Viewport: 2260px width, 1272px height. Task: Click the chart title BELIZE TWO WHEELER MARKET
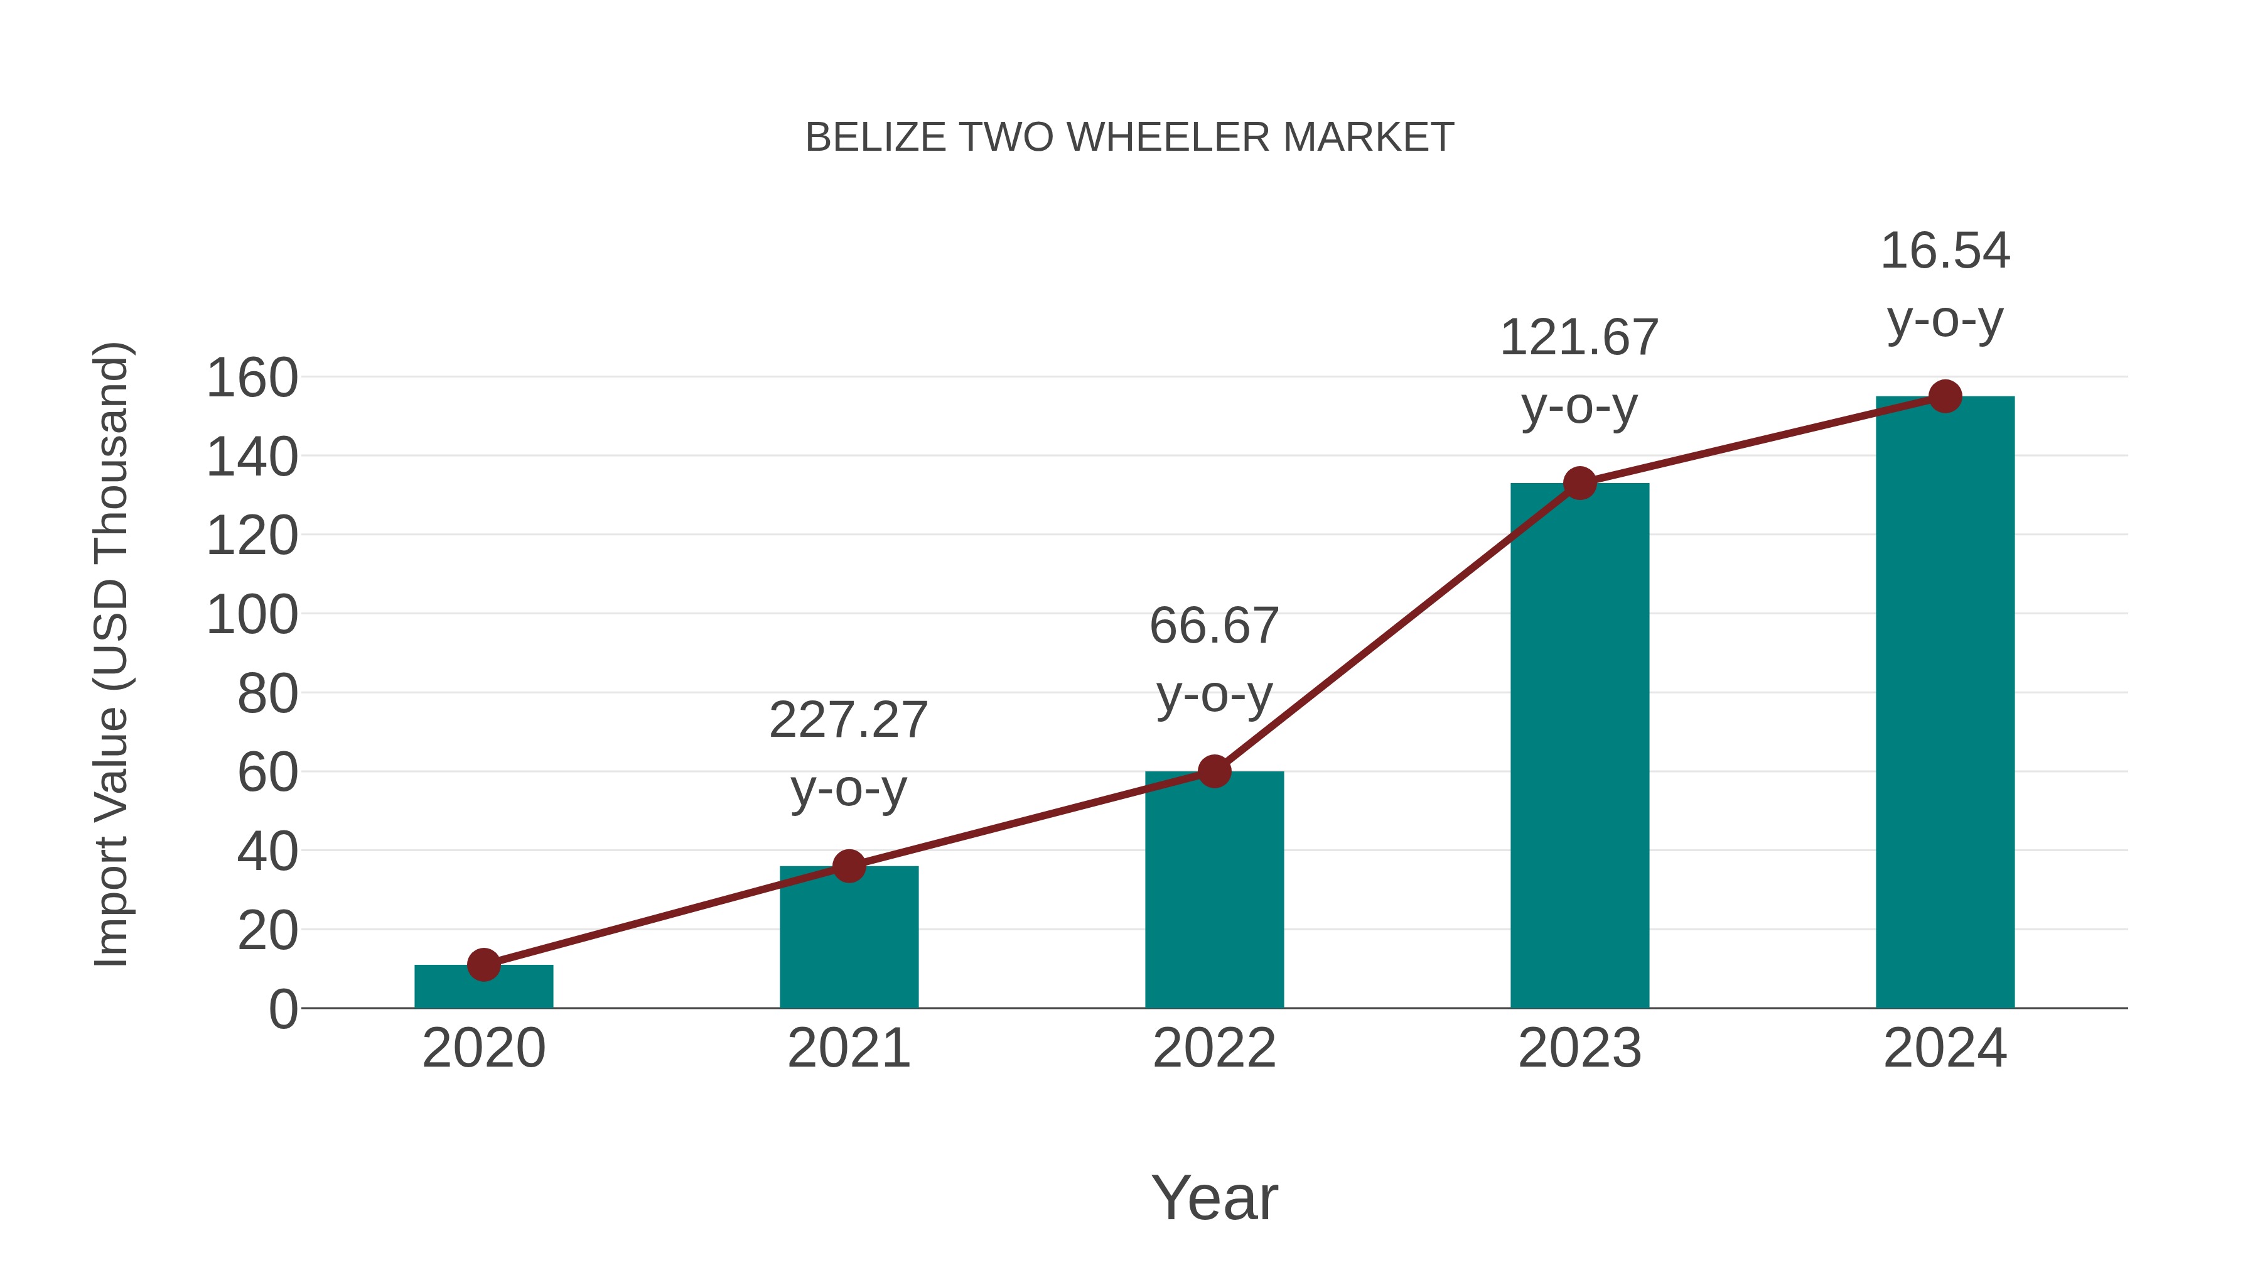pyautogui.click(x=1129, y=138)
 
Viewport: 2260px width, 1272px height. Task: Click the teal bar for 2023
pyautogui.click(x=1579, y=746)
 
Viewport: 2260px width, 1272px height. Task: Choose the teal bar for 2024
pyautogui.click(x=1945, y=702)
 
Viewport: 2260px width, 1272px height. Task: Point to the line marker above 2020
pyautogui.click(x=483, y=965)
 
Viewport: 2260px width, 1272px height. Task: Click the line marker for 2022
pyautogui.click(x=1214, y=771)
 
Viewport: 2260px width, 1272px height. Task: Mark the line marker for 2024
pyautogui.click(x=1945, y=397)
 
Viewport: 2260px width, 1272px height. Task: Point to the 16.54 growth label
pyautogui.click(x=1945, y=285)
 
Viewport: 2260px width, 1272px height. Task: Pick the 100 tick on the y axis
pyautogui.click(x=252, y=616)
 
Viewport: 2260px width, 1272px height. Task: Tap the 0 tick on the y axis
pyautogui.click(x=283, y=1009)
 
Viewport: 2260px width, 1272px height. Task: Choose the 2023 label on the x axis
pyautogui.click(x=1579, y=1048)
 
